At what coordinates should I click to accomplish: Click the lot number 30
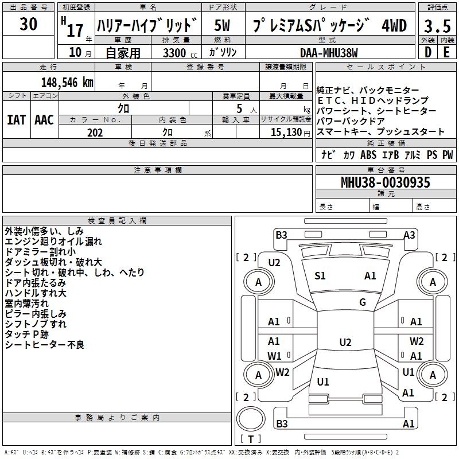28,24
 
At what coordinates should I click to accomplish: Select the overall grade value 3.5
437,26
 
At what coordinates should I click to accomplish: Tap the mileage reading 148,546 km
67,83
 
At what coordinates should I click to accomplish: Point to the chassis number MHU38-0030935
386,182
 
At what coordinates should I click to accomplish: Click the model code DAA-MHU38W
329,53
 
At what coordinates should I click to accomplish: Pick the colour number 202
95,133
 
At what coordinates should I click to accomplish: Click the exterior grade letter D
428,52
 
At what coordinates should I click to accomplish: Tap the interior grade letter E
446,52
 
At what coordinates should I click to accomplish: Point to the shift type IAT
17,120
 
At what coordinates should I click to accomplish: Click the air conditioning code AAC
44,120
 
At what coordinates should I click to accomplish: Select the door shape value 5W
222,25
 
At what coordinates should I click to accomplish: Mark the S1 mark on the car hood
320,276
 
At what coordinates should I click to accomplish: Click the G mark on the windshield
363,302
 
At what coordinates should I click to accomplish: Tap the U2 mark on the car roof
345,342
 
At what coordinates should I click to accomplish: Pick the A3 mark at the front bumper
409,235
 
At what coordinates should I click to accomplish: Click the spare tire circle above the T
251,419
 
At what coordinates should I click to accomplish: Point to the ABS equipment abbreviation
368,154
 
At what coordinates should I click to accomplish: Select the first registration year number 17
75,30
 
